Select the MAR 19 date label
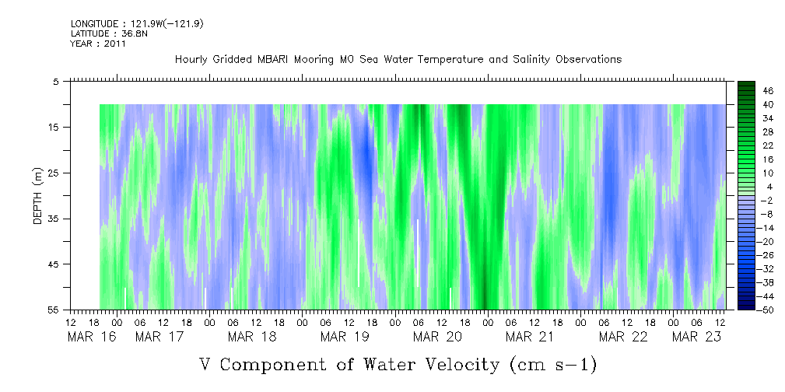click(x=345, y=337)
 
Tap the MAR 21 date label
click(x=529, y=337)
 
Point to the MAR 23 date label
click(x=696, y=337)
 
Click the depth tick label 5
click(x=56, y=81)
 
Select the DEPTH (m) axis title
click(x=37, y=195)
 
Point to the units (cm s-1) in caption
click(x=553, y=364)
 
